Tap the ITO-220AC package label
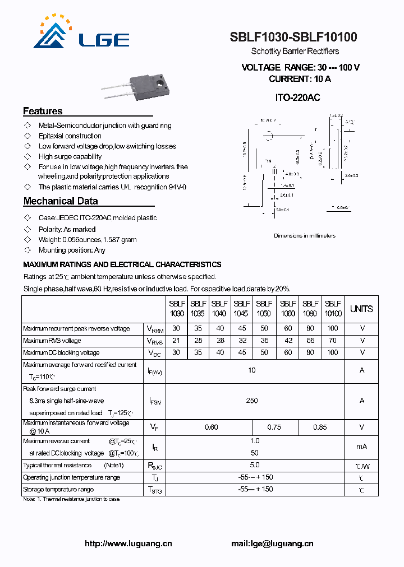(297, 97)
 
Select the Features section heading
(43, 111)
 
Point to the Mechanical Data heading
(61, 201)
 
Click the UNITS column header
(361, 309)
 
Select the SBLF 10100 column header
(333, 309)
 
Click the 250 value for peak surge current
(252, 401)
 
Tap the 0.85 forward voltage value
(320, 427)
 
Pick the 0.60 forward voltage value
(211, 427)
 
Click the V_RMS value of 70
(333, 341)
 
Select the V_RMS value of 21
(176, 341)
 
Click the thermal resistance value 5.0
(255, 465)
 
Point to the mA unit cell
(361, 447)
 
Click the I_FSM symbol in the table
(155, 401)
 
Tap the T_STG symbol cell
(155, 490)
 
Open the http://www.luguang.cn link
(128, 543)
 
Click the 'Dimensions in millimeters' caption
(305, 236)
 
